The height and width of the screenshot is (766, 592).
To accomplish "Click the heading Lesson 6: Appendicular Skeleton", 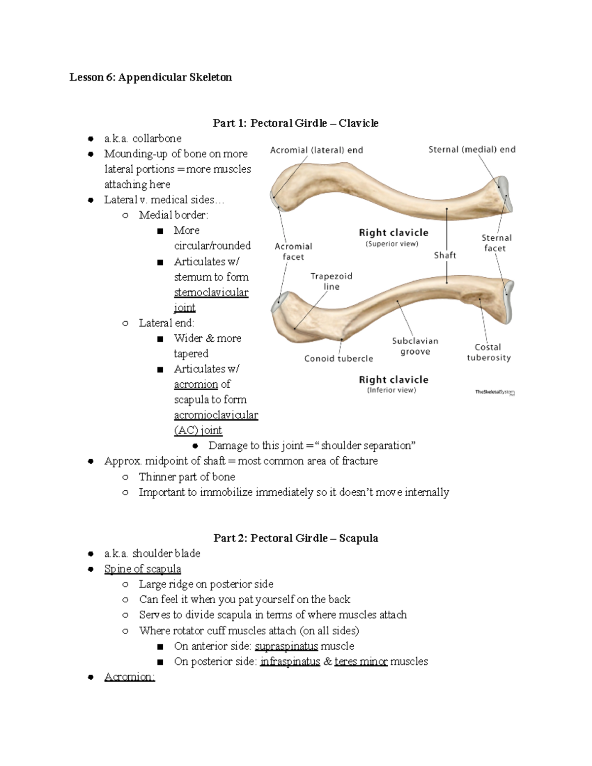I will [x=150, y=77].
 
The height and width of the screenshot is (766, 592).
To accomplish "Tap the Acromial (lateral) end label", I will [x=316, y=150].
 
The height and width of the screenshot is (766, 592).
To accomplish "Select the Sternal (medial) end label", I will [x=472, y=149].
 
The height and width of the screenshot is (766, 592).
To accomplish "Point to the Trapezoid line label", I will [x=331, y=281].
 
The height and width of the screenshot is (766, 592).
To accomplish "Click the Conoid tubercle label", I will [x=338, y=359].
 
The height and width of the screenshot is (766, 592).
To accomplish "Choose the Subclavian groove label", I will [x=415, y=346].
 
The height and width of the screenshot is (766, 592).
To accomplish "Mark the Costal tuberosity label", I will [x=488, y=352].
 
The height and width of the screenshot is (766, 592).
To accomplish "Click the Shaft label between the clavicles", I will [x=445, y=255].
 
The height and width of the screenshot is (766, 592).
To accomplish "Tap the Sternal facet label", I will [x=496, y=243].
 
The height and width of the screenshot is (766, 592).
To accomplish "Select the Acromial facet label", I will [x=294, y=251].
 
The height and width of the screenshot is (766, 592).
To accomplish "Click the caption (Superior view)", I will [x=392, y=244].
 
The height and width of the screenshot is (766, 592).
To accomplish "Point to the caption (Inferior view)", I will [x=391, y=390].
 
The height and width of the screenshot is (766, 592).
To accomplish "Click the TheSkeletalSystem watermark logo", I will [x=495, y=392].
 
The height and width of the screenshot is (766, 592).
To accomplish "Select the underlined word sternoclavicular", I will [x=211, y=292].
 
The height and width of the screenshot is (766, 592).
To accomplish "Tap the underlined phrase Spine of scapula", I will [x=143, y=569].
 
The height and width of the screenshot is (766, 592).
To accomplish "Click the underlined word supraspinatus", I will [x=286, y=646].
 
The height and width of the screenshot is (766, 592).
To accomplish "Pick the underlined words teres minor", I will [x=361, y=661].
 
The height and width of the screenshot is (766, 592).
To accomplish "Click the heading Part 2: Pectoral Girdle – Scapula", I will [x=296, y=538].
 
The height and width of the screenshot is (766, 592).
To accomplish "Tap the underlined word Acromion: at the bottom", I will [x=130, y=677].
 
